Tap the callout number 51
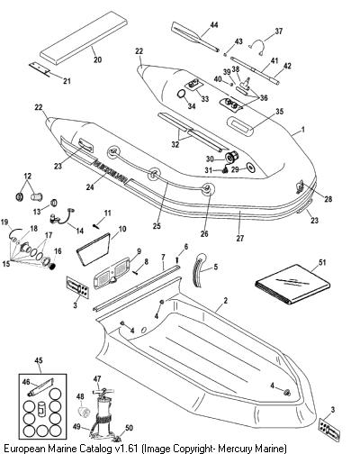point(322,262)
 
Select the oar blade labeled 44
point(184,32)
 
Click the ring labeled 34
point(182,94)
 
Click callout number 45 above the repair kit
point(39,360)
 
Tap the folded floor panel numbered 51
point(292,285)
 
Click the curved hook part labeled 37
point(257,46)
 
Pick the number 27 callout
point(240,238)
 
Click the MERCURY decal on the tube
point(111,171)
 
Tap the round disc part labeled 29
point(250,168)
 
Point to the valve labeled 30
point(231,157)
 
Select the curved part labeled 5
point(200,270)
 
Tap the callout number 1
point(303,130)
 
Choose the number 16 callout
point(57,250)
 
